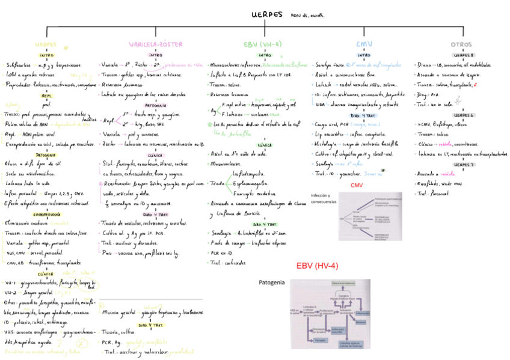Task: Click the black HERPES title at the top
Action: pos(267,16)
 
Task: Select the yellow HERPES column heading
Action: pos(46,44)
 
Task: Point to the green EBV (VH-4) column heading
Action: pos(263,44)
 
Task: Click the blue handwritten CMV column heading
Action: pos(364,44)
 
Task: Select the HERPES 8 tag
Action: pos(462,55)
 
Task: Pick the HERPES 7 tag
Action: pos(462,164)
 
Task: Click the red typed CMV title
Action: pos(359,185)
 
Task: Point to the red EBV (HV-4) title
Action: pos(317,266)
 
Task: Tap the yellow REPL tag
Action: pos(46,95)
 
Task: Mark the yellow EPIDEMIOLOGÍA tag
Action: pos(46,214)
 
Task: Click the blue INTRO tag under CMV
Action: pos(364,55)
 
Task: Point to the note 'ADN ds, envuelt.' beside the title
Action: pos(307,16)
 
